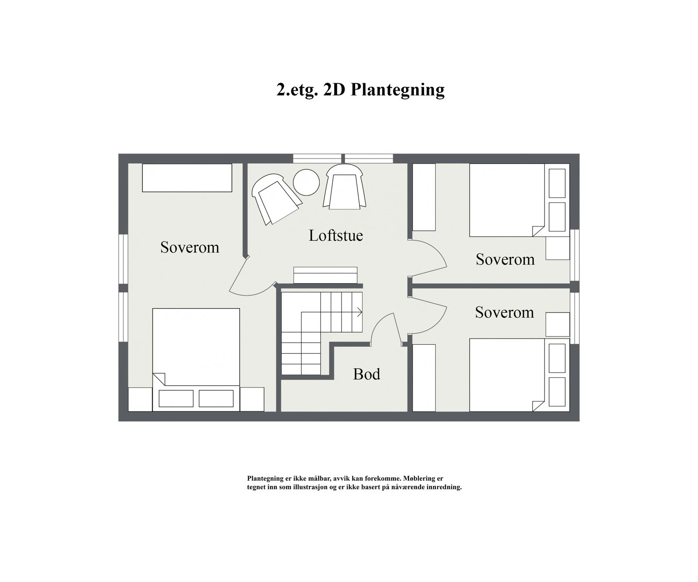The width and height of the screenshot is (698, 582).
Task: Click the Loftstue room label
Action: pos(335,236)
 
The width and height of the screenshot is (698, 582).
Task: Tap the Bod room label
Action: pos(366,374)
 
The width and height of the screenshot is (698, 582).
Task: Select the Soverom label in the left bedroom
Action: pos(189,247)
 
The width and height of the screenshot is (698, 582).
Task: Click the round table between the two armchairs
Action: pos(306,182)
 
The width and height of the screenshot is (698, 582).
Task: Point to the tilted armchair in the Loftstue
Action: pos(276,199)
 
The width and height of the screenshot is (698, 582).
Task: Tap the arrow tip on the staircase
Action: pos(360,312)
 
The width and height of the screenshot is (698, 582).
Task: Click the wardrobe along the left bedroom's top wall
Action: pos(187,178)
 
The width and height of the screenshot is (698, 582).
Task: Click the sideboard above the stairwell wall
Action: pos(325,275)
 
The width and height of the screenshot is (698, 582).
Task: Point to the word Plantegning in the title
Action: pos(397,90)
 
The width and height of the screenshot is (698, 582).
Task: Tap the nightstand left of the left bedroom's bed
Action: pos(140,399)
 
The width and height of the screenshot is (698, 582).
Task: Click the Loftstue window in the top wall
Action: pos(343,158)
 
